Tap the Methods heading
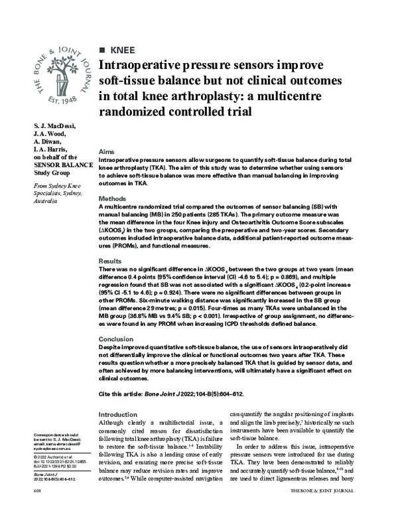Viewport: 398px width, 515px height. [x=112, y=198]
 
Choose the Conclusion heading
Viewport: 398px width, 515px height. [x=116, y=338]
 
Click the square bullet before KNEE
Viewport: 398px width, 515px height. [x=101, y=50]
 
